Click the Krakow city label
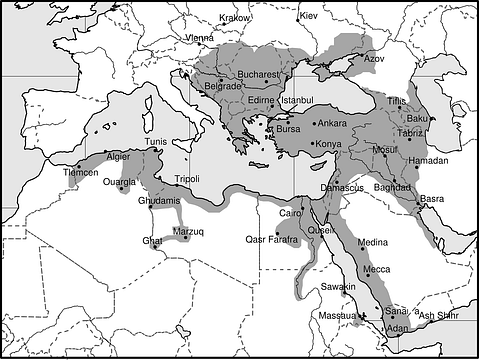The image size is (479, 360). coord(235,17)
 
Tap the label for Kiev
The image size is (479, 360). coord(308,16)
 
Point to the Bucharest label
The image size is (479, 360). coord(259,75)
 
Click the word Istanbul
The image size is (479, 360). coord(297,100)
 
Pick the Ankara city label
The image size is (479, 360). coord(332,123)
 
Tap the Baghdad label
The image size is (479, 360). coord(394,187)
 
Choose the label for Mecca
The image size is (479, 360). coord(377,269)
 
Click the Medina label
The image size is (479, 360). coord(372,242)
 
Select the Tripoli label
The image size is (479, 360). coord(187,179)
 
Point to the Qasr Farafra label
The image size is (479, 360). coord(272,239)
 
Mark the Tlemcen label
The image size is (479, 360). coord(81,173)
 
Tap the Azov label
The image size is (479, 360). coord(373,58)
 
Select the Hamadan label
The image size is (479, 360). coord(429,160)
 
